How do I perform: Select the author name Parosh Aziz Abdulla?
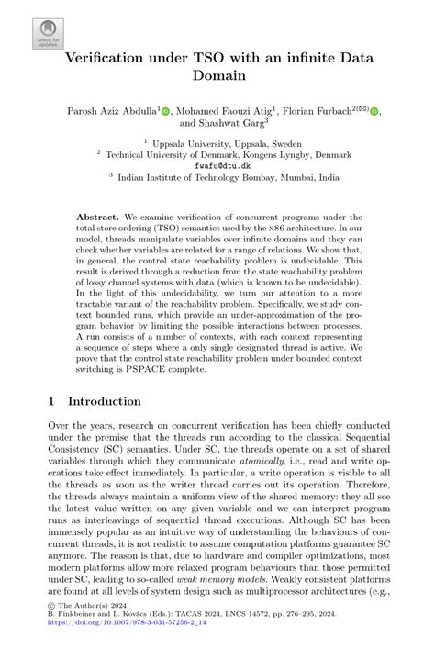[x=111, y=111]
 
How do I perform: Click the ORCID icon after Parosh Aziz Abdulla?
[x=166, y=111]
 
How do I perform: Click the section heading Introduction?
[x=105, y=401]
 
